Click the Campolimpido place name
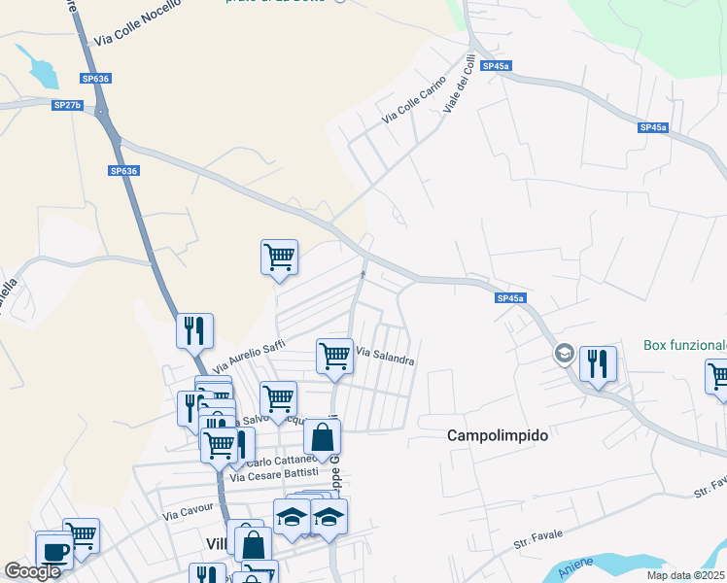[x=498, y=435]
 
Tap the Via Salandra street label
[x=386, y=355]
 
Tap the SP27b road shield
[x=68, y=104]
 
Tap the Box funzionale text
[x=685, y=345]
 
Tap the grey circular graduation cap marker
[x=563, y=354]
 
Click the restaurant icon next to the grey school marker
[x=598, y=363]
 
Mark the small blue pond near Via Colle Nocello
[x=43, y=70]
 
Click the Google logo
[x=32, y=571]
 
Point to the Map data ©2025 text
[x=684, y=575]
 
